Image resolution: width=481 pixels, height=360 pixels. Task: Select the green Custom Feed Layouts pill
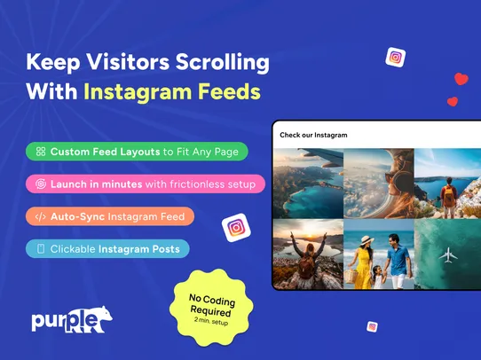point(137,152)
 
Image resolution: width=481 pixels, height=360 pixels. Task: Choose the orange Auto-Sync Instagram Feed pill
point(109,216)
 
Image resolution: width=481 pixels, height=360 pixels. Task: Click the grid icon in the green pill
point(40,153)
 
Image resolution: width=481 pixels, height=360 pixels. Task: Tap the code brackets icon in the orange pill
point(40,216)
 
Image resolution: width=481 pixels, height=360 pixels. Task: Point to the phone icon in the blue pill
point(40,249)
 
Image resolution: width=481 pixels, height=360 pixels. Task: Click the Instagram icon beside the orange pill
point(236,228)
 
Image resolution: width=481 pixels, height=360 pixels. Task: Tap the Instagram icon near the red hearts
point(395,58)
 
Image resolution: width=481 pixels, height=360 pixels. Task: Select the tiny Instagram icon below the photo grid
point(372,326)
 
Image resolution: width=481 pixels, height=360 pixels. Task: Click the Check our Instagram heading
point(312,136)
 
